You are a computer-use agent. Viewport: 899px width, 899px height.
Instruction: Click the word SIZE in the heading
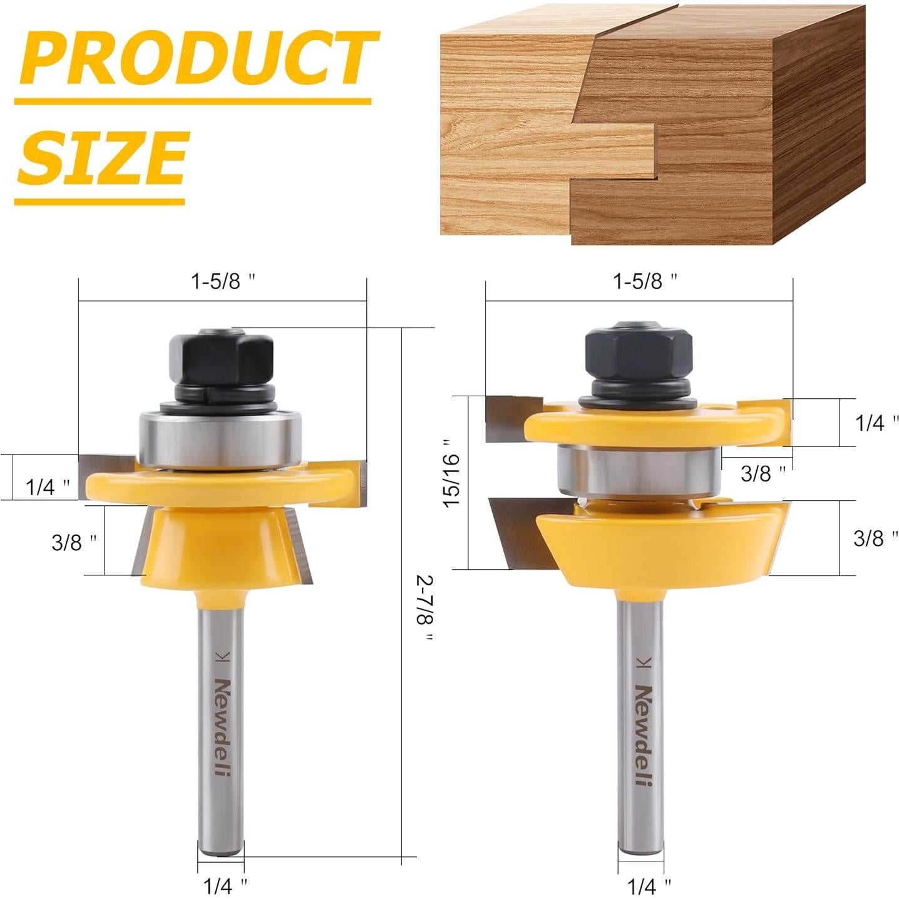[103, 157]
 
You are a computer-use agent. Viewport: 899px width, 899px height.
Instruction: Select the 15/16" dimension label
[452, 481]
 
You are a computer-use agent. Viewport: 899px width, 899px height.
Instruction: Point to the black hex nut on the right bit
[638, 354]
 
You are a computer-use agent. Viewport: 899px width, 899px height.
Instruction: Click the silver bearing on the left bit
[220, 438]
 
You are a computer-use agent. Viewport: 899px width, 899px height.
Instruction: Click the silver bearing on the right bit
[639, 470]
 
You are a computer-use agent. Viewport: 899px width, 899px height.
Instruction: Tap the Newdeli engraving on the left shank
[222, 726]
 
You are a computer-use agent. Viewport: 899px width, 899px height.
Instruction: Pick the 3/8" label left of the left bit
[74, 542]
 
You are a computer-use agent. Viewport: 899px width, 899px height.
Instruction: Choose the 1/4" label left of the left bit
[48, 486]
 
